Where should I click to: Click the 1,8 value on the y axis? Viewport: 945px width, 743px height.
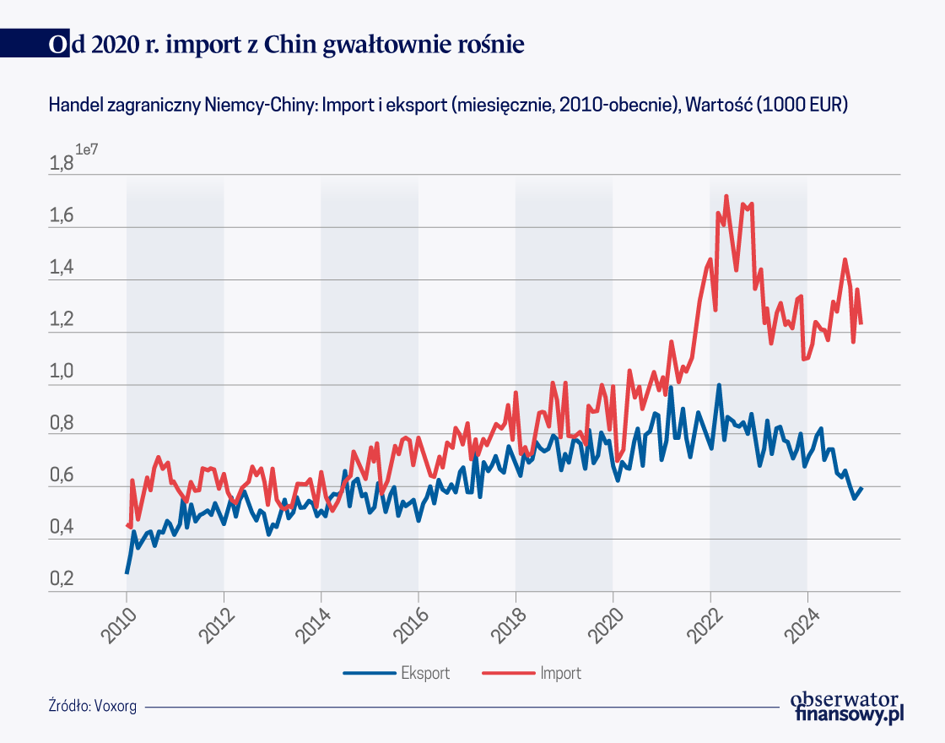tap(62, 164)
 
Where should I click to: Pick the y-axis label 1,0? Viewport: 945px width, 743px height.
tap(62, 372)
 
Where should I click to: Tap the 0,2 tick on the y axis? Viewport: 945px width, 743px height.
tap(62, 580)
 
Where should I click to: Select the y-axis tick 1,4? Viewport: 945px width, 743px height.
tap(62, 268)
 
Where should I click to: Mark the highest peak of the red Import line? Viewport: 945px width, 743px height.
tap(726, 196)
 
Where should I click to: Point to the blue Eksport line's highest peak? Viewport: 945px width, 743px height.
tap(719, 385)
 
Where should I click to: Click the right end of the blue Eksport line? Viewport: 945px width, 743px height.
tap(861, 488)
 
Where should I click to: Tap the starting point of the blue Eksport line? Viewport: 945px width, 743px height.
tap(127, 572)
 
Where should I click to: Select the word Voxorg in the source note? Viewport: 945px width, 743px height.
tap(116, 706)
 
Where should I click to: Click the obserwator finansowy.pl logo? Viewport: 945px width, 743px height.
tap(847, 707)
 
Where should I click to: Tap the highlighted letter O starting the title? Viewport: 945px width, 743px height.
tap(57, 44)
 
